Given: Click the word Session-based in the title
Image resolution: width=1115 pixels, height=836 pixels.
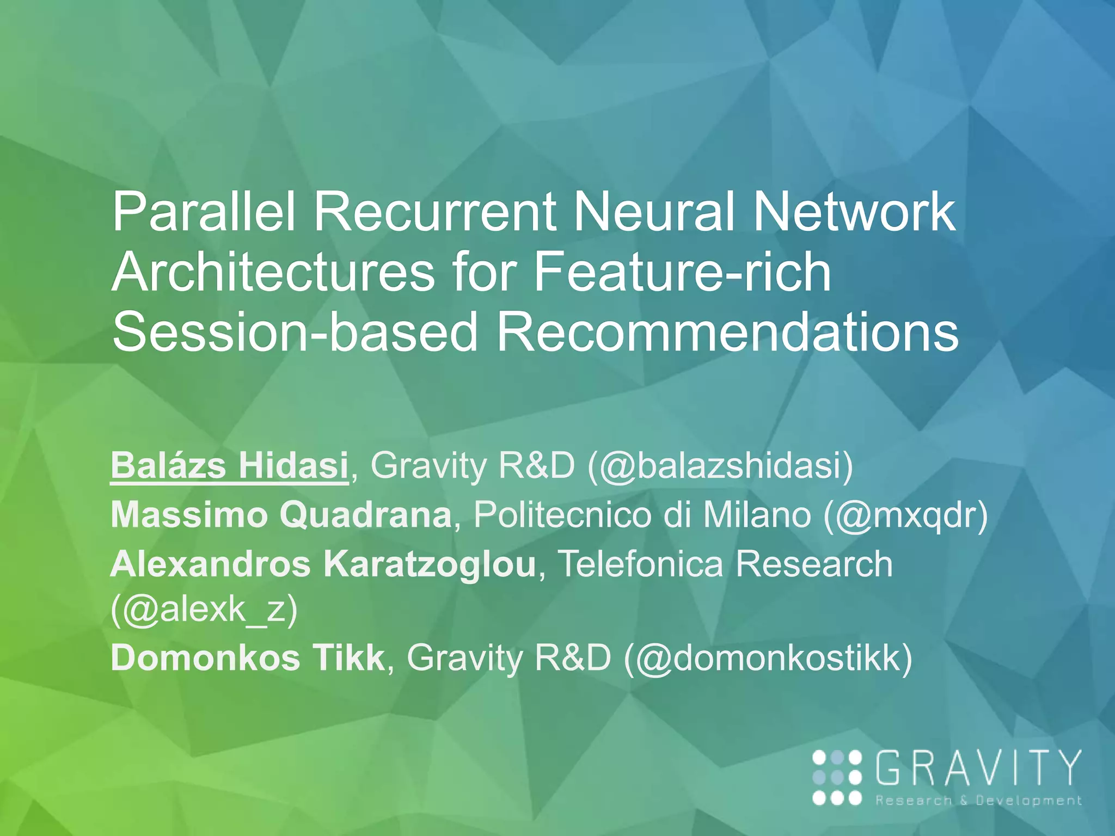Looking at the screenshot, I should click(295, 332).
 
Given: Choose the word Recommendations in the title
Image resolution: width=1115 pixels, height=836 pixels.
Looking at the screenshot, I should click(727, 332).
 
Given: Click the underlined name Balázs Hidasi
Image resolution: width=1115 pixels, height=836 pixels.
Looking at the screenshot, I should click(229, 466).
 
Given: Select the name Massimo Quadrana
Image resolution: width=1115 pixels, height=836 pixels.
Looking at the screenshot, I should click(281, 514).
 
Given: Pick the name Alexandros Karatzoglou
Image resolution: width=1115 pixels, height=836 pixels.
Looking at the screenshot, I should click(323, 563).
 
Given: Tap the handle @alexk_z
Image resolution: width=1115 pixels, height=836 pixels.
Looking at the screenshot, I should click(204, 609).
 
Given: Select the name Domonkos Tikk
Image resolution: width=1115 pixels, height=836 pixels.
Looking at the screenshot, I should click(248, 658).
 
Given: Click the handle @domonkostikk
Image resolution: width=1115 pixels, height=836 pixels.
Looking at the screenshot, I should click(768, 658).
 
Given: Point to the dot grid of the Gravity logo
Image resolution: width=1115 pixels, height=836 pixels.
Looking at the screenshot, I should click(837, 777).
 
